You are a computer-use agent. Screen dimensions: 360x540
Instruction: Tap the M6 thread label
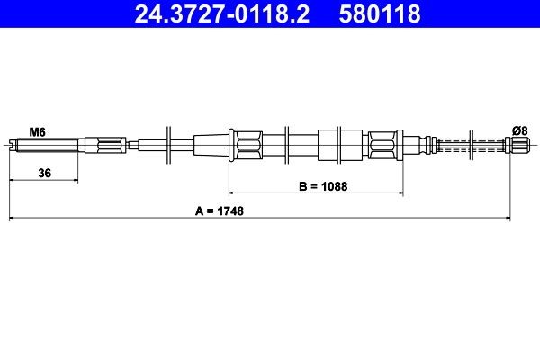tap(37, 131)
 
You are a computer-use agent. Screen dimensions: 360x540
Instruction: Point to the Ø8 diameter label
tap(519, 131)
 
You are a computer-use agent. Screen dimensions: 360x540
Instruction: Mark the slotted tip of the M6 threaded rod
tap(13, 144)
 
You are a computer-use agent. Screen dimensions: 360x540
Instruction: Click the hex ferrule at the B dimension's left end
tap(247, 144)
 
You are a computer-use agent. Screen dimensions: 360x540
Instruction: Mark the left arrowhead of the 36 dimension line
tap(13, 181)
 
